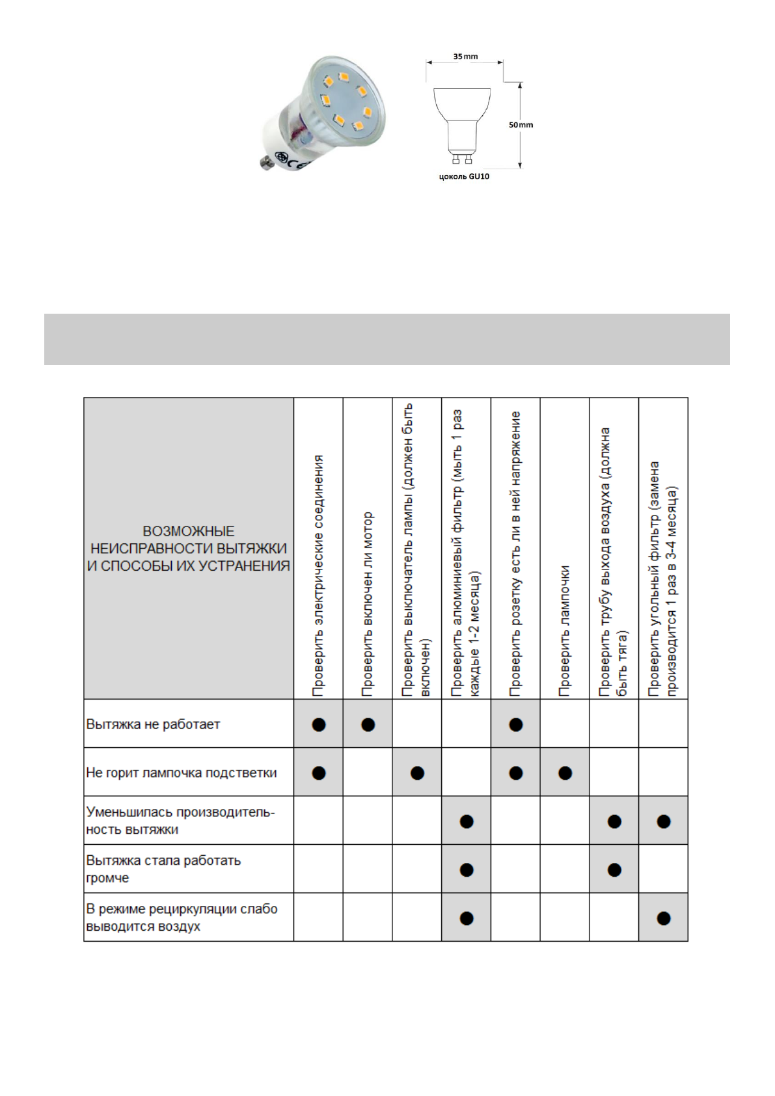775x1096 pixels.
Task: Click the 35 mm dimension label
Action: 465,57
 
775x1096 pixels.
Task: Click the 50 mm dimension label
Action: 521,125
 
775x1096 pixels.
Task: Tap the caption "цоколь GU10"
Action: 464,176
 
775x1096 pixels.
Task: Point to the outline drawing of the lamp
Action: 462,120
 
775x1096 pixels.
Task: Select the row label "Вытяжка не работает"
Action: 154,724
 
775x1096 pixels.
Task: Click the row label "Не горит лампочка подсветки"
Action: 182,773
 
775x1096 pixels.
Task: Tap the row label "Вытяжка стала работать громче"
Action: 163,869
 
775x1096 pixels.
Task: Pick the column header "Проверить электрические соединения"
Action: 319,575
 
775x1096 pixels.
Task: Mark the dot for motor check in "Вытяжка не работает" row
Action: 368,724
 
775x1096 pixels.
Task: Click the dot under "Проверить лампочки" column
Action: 565,773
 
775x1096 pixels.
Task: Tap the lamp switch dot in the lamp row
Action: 418,773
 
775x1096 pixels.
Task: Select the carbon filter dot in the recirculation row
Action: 664,918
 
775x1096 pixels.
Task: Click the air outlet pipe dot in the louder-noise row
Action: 614,870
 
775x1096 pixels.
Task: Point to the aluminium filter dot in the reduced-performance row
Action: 467,821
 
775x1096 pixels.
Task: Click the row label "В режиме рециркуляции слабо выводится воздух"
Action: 182,917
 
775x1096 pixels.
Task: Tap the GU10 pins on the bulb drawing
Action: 461,159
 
